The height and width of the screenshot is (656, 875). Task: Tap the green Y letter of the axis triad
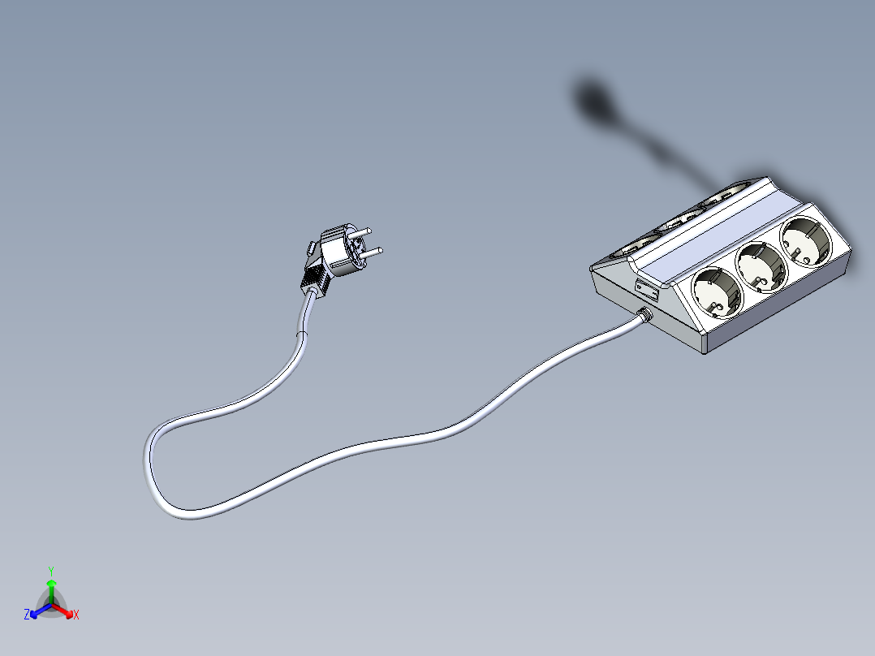[x=51, y=571]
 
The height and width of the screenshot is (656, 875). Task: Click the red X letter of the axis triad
[x=76, y=615]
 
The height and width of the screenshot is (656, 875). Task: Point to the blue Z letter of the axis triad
[x=27, y=615]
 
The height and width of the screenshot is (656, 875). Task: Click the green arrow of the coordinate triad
[x=51, y=588]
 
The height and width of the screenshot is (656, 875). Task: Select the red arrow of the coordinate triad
[x=65, y=610]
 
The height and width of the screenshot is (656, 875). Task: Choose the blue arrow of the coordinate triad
[x=37, y=610]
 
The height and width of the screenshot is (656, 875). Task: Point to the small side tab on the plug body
[x=311, y=246]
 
